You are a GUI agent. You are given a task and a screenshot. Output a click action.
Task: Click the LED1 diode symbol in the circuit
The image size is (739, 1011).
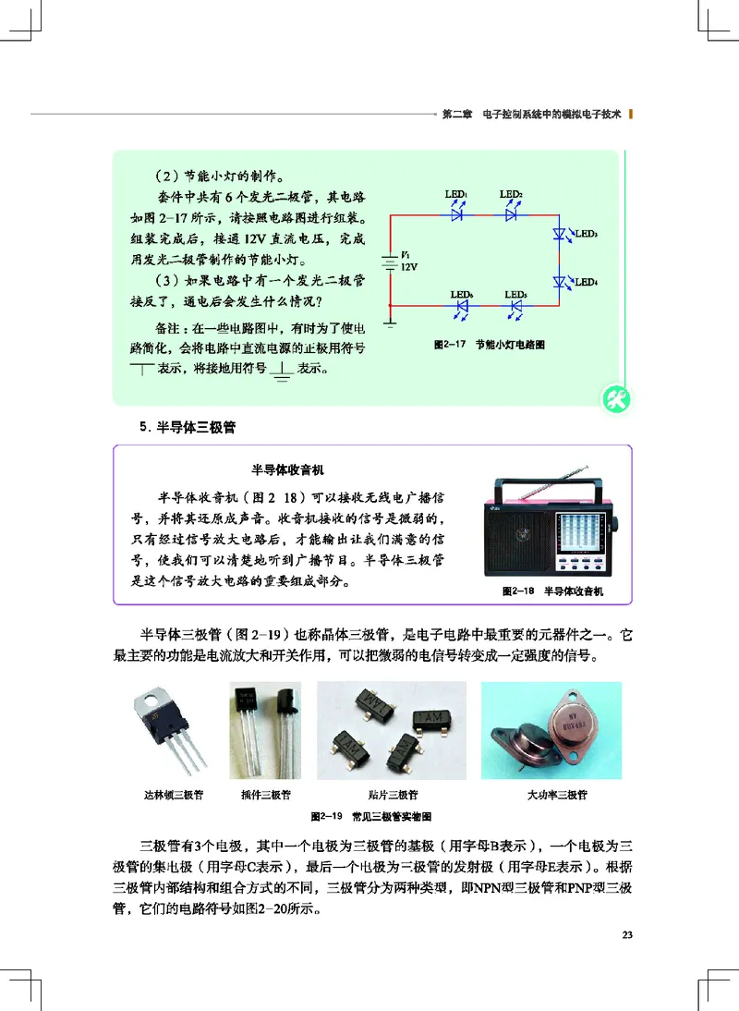click(456, 214)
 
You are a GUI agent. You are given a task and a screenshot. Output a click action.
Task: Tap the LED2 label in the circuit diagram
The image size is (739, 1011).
click(512, 194)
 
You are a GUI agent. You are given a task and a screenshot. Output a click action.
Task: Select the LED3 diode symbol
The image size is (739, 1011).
click(559, 236)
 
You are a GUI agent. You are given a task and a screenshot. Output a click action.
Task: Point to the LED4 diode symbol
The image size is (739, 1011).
click(559, 280)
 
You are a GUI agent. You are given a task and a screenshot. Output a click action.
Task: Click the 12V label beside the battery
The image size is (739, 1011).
click(409, 266)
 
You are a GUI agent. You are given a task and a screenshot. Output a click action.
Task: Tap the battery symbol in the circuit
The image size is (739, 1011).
click(392, 261)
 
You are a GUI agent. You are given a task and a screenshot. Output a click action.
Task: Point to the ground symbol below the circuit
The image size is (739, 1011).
click(392, 323)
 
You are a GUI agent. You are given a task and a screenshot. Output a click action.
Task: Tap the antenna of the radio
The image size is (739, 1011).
click(554, 470)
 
